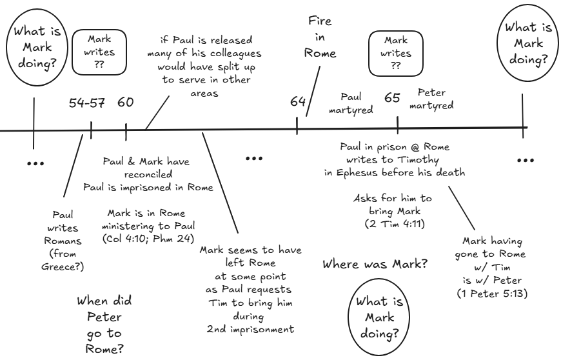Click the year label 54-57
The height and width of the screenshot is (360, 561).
(86, 103)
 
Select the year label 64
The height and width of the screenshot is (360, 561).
(297, 101)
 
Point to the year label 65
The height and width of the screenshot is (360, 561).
(393, 98)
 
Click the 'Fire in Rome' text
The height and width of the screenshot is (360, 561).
(320, 37)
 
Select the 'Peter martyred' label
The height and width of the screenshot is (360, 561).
(435, 98)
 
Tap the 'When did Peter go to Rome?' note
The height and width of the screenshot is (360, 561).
(101, 325)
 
